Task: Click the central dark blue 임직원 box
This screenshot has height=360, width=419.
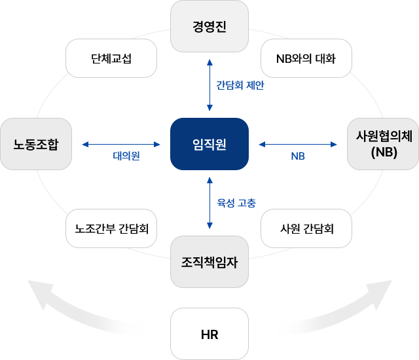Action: click(209, 144)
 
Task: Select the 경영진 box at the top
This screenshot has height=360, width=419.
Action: click(209, 26)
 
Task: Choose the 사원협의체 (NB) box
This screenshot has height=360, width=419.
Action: click(383, 144)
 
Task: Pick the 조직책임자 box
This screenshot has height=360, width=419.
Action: click(209, 262)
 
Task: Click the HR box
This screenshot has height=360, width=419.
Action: click(209, 334)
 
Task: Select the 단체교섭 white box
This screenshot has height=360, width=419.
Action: click(111, 58)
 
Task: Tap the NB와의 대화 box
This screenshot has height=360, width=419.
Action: click(306, 58)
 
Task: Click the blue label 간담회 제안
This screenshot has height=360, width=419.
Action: click(240, 85)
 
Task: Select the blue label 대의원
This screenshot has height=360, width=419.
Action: click(126, 156)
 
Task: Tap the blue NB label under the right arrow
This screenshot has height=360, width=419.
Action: click(298, 156)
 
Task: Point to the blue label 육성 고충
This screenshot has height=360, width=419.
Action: click(236, 202)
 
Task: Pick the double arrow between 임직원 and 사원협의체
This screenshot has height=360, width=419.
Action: click(297, 144)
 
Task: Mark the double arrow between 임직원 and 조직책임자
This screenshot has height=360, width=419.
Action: click(209, 202)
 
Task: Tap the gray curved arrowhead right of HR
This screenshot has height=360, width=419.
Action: click(381, 293)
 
